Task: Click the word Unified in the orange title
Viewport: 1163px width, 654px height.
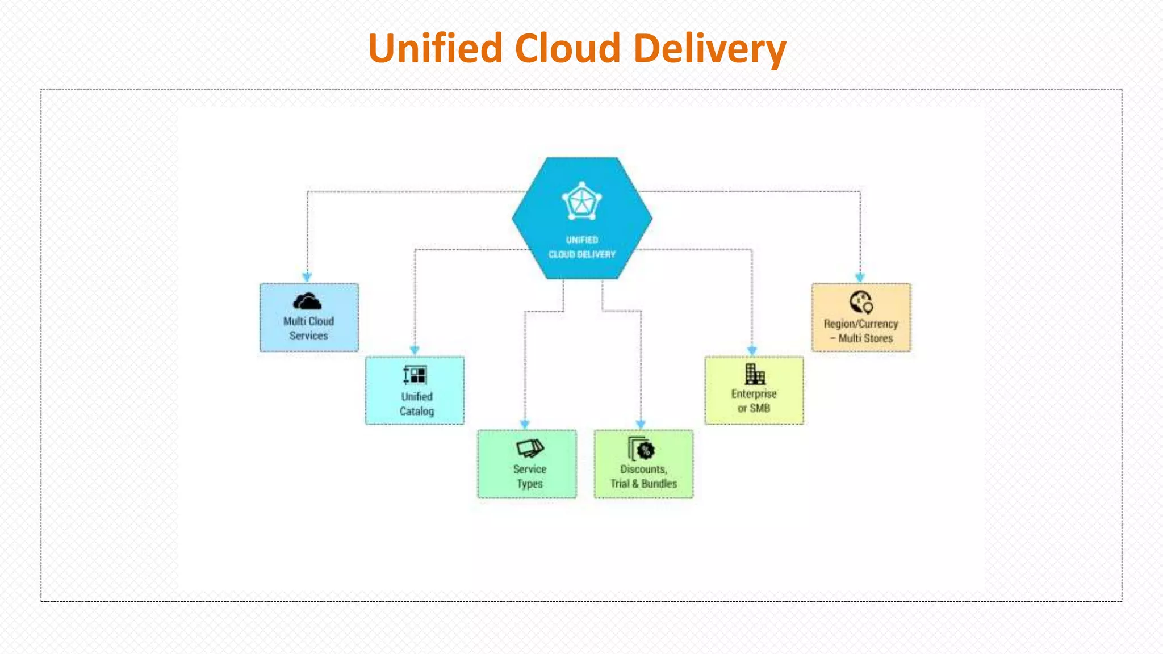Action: coord(435,49)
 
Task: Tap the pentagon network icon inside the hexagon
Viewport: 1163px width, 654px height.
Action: coord(581,202)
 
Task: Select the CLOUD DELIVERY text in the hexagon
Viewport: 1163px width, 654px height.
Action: coord(581,254)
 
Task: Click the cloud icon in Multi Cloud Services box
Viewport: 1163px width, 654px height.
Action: coord(307,301)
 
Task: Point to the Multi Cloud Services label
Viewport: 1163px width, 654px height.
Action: coord(308,328)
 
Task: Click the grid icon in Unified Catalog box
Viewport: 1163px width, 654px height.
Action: coord(415,375)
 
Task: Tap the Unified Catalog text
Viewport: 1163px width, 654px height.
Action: coord(416,404)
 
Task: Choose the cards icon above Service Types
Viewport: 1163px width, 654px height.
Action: coord(530,448)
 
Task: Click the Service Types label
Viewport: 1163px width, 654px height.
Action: coord(529,476)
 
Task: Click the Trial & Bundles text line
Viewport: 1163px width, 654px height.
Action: coord(643,484)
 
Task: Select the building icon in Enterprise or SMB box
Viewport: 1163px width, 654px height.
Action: coord(755,375)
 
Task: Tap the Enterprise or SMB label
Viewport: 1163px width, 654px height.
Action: coord(754,401)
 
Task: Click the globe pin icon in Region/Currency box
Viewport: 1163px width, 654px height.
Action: coord(861,303)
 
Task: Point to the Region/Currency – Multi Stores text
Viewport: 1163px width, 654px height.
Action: coord(861,331)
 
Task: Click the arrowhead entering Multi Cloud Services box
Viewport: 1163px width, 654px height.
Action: coord(307,277)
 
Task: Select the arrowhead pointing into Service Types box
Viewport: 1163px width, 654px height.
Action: coord(525,424)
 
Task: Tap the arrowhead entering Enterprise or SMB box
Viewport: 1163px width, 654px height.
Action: coord(752,351)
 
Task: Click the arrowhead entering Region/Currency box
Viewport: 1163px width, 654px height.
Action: coord(860,278)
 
